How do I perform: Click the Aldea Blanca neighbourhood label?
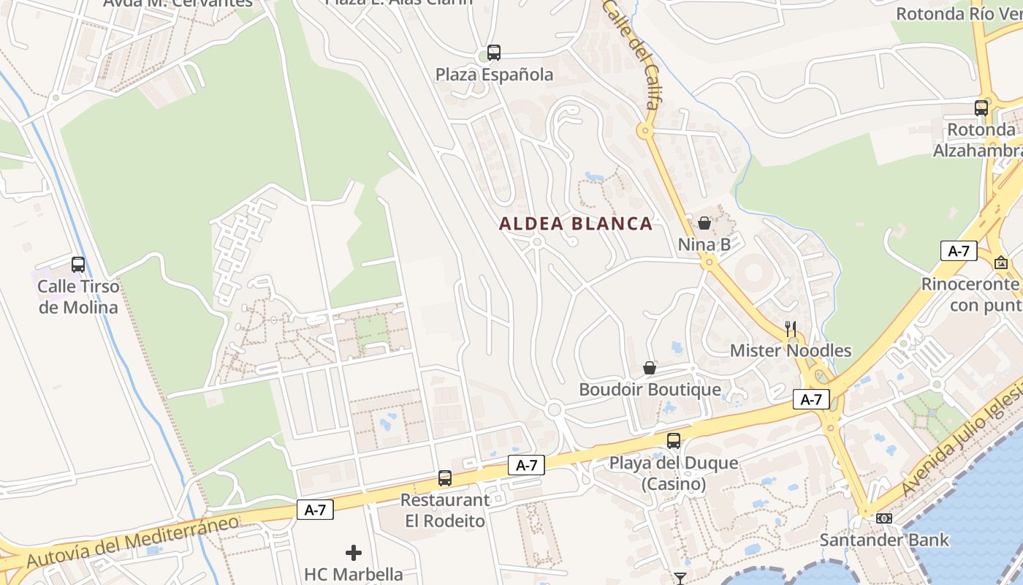pyautogui.click(x=576, y=224)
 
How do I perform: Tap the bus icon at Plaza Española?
pyautogui.click(x=494, y=53)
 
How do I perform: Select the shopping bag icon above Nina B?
pyautogui.click(x=704, y=223)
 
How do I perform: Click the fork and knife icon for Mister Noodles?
pyautogui.click(x=791, y=328)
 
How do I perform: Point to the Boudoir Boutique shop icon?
pyautogui.click(x=649, y=368)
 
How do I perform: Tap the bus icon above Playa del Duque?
pyautogui.click(x=674, y=441)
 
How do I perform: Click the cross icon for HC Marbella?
pyautogui.click(x=354, y=553)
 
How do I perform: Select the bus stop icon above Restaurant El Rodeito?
pyautogui.click(x=445, y=478)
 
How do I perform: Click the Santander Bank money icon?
pyautogui.click(x=884, y=518)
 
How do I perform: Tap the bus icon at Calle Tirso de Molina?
pyautogui.click(x=78, y=265)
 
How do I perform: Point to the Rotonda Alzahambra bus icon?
pyautogui.click(x=981, y=108)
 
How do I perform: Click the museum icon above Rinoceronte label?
pyautogui.click(x=1000, y=262)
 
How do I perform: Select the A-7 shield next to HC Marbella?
pyautogui.click(x=315, y=510)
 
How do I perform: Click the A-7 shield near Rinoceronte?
pyautogui.click(x=959, y=251)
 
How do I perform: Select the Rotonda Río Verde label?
pyautogui.click(x=957, y=13)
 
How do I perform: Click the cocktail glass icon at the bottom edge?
pyautogui.click(x=680, y=578)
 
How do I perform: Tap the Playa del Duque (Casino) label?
pyautogui.click(x=674, y=473)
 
